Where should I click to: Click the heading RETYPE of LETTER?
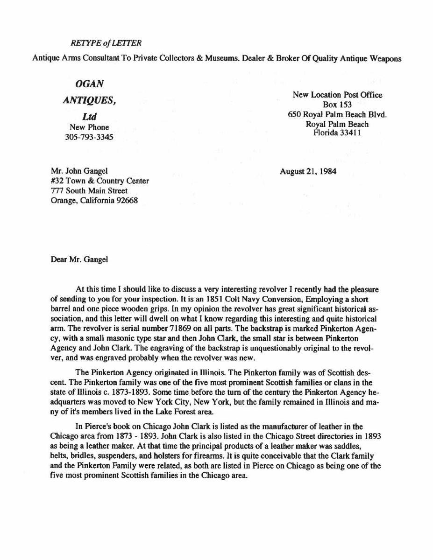[106, 43]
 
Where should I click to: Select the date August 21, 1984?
[308, 171]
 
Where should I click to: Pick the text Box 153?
[337, 105]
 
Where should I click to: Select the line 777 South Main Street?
[89, 191]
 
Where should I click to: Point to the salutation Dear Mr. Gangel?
[79, 259]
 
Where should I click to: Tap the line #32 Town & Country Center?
[99, 181]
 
